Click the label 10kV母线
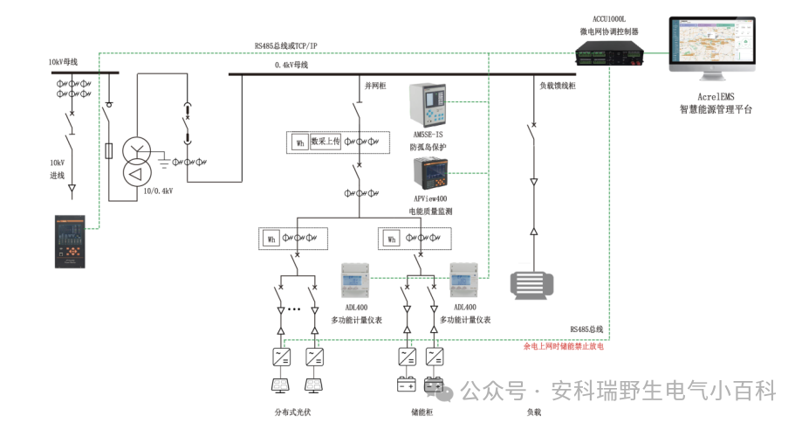coord(64,63)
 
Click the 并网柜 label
coord(374,86)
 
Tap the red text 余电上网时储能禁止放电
coord(563,346)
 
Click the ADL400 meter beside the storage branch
coord(464,281)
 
